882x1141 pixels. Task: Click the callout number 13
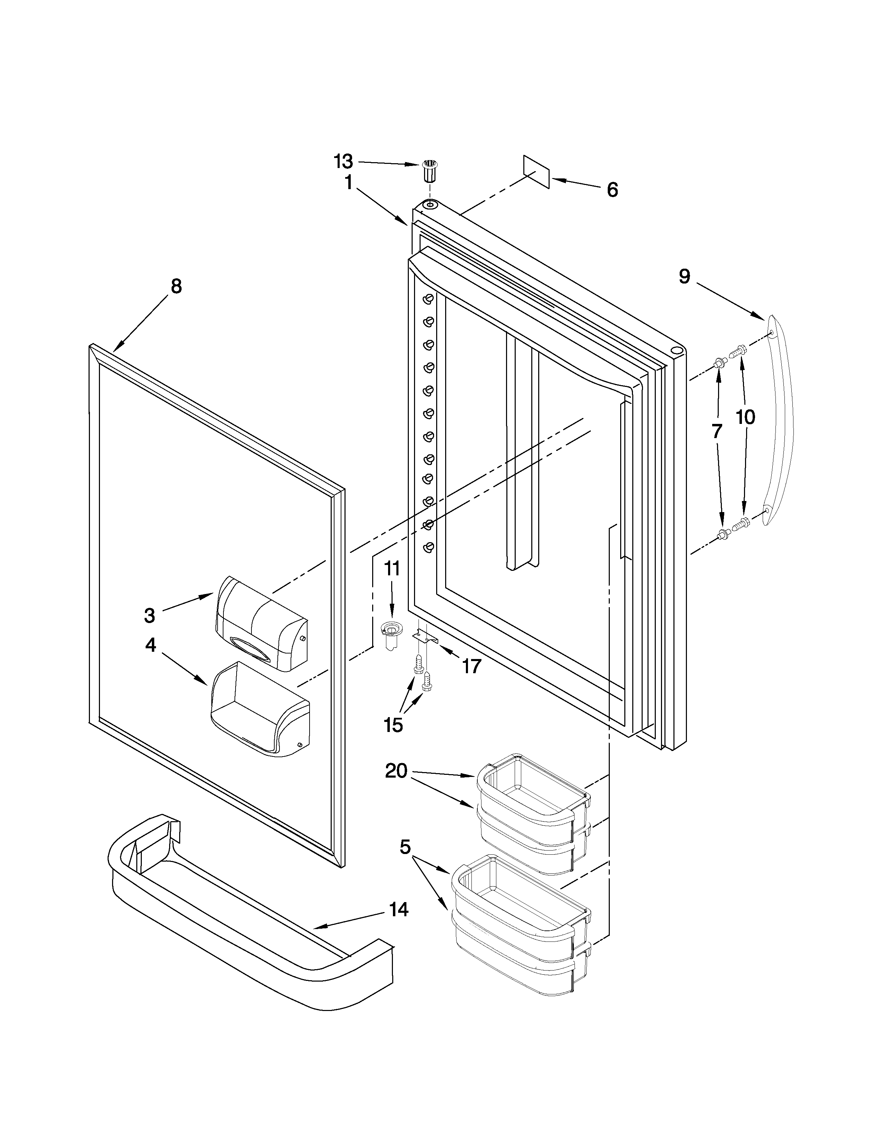(343, 161)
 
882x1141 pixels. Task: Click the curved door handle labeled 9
(779, 423)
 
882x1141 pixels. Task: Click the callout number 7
(717, 431)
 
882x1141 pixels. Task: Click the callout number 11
(392, 568)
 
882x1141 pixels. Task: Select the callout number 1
(348, 183)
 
